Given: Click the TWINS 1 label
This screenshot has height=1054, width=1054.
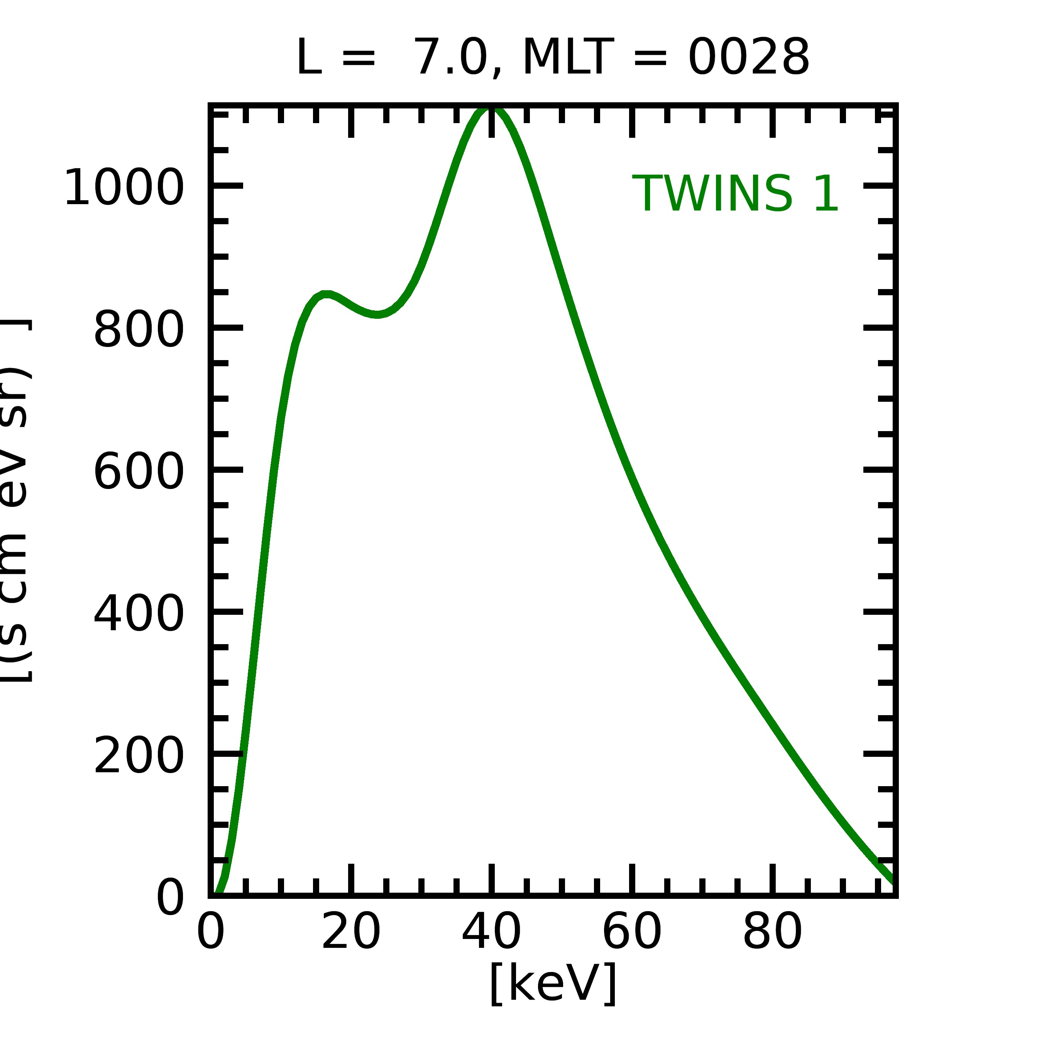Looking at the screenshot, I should pyautogui.click(x=735, y=194).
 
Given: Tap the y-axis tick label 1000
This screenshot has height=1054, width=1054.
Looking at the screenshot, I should pyautogui.click(x=124, y=188).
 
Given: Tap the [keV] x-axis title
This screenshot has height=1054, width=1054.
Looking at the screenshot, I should pyautogui.click(x=553, y=984).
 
